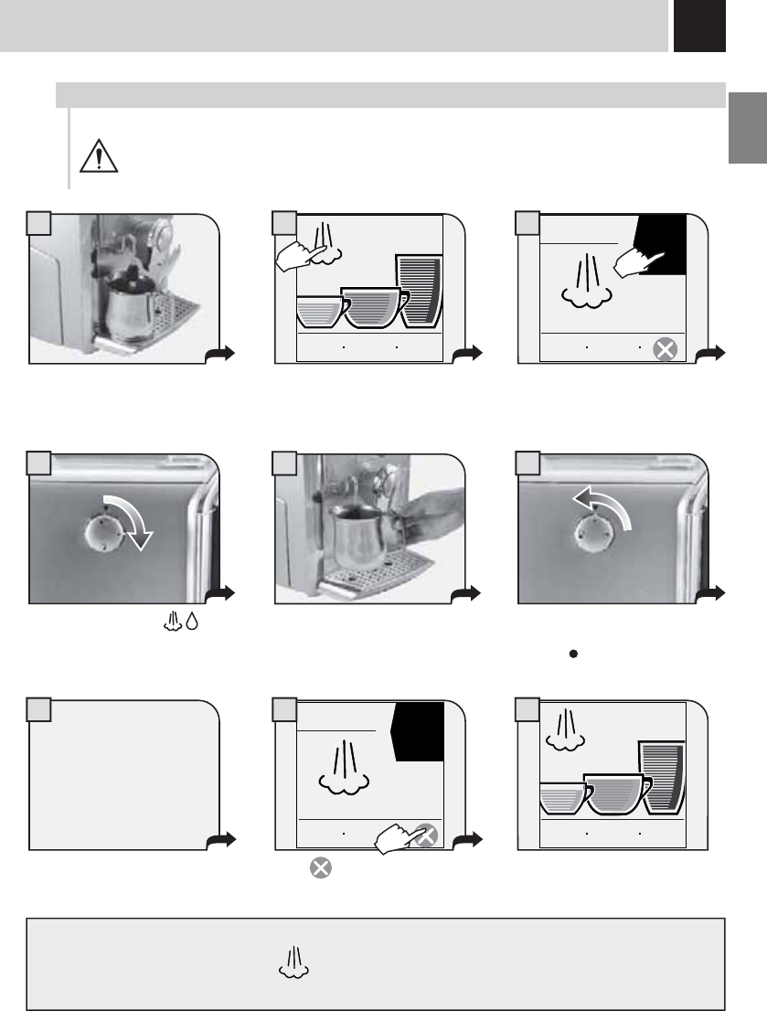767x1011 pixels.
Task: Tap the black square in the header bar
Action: pyautogui.click(x=699, y=26)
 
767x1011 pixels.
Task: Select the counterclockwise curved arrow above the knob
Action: pyautogui.click(x=604, y=508)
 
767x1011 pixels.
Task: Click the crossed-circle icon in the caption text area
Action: pyautogui.click(x=320, y=867)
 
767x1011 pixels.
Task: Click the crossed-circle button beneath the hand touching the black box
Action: pyautogui.click(x=666, y=348)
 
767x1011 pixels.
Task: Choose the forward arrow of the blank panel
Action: pyautogui.click(x=223, y=837)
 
